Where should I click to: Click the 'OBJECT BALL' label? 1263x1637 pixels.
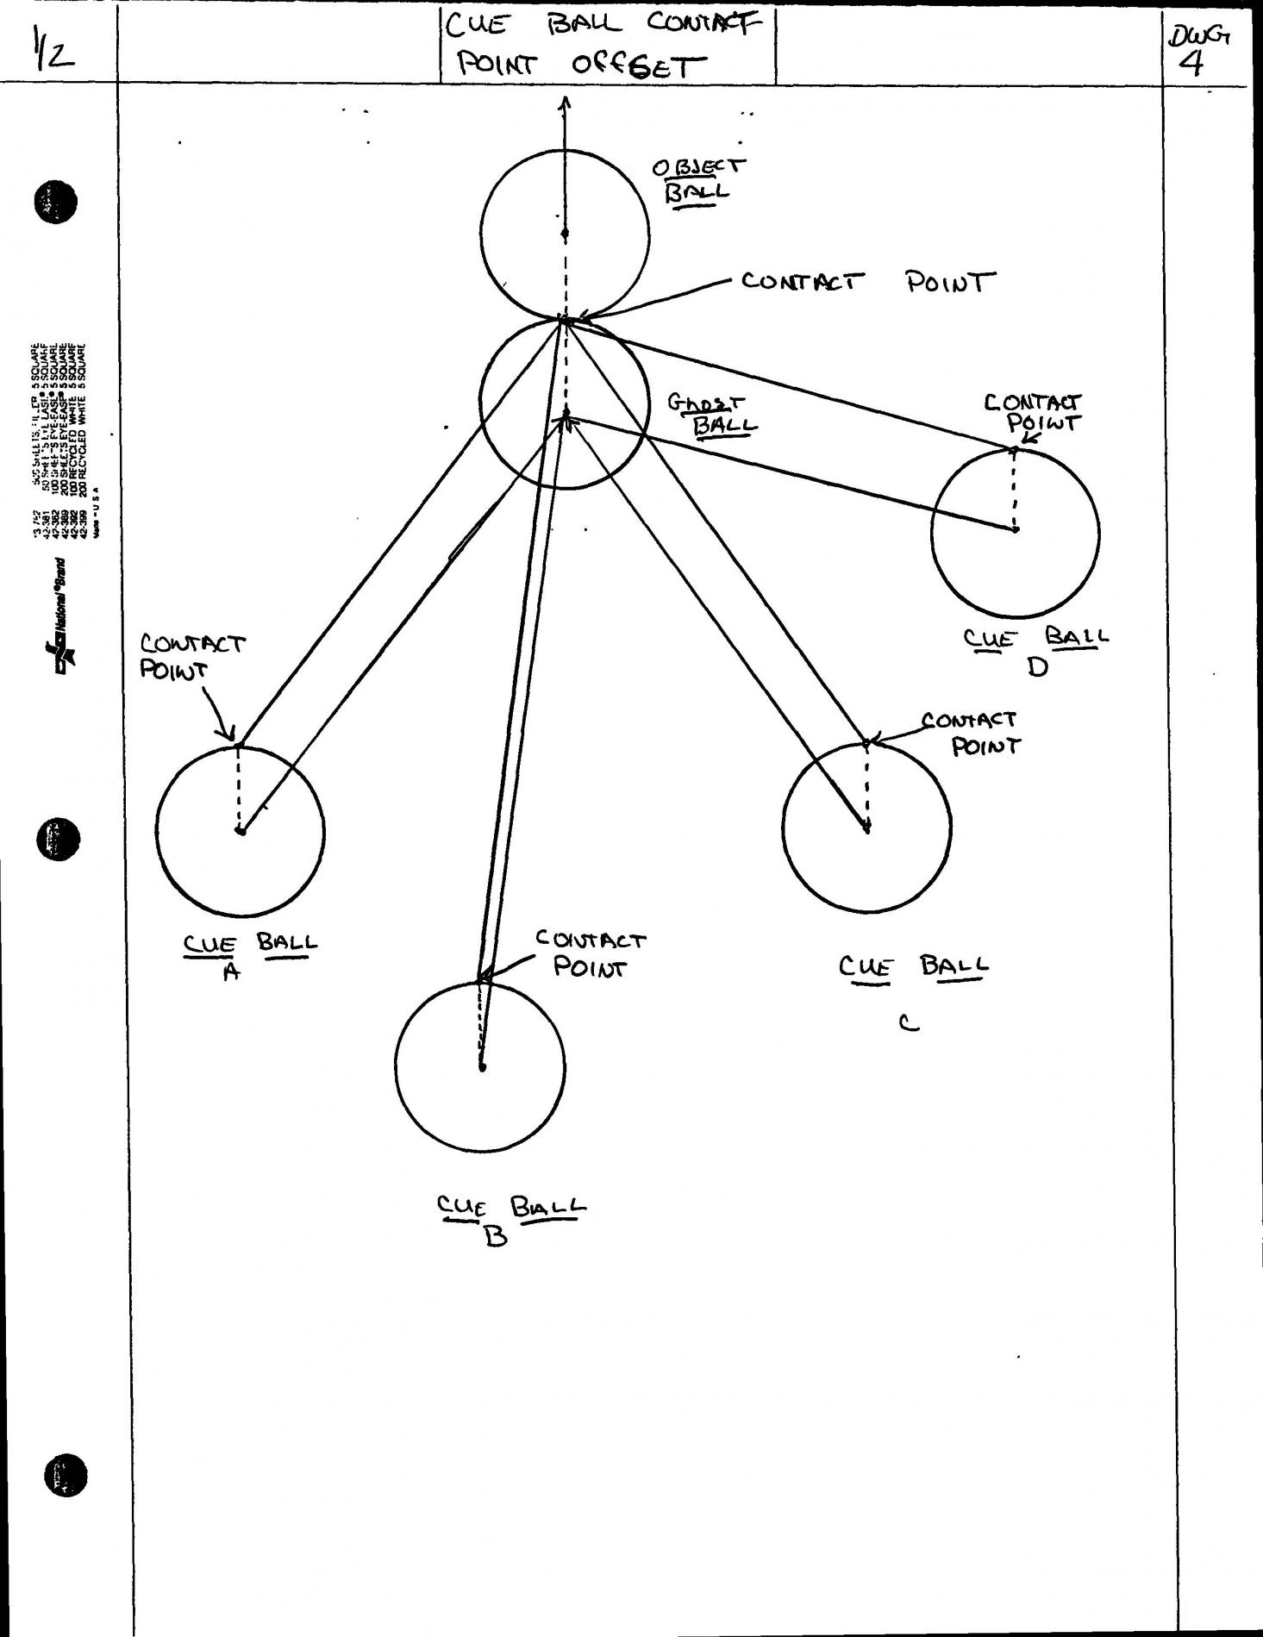click(x=699, y=178)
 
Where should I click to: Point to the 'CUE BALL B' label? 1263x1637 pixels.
click(x=510, y=1217)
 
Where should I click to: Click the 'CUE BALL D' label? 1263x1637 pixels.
click(x=1035, y=650)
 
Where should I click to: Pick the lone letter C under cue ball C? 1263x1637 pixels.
click(x=908, y=1023)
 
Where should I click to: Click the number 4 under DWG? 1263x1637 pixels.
click(x=1191, y=63)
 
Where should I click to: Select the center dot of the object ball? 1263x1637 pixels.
click(x=565, y=233)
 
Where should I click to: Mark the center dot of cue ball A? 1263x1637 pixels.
click(x=241, y=830)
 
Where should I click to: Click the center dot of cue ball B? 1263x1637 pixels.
click(x=482, y=1067)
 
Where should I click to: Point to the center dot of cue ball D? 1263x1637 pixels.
click(x=1016, y=529)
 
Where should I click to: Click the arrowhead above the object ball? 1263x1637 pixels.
click(x=565, y=103)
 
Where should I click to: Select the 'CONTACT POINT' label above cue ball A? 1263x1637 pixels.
click(x=191, y=656)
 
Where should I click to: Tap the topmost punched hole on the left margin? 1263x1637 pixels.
click(x=55, y=203)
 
